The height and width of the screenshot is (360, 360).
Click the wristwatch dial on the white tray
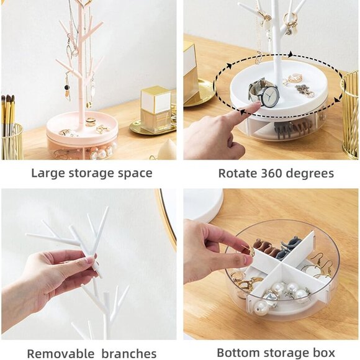pos(269,96)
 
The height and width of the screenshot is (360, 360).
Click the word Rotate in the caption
pos(236,173)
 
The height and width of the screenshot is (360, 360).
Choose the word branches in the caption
pos(126,354)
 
